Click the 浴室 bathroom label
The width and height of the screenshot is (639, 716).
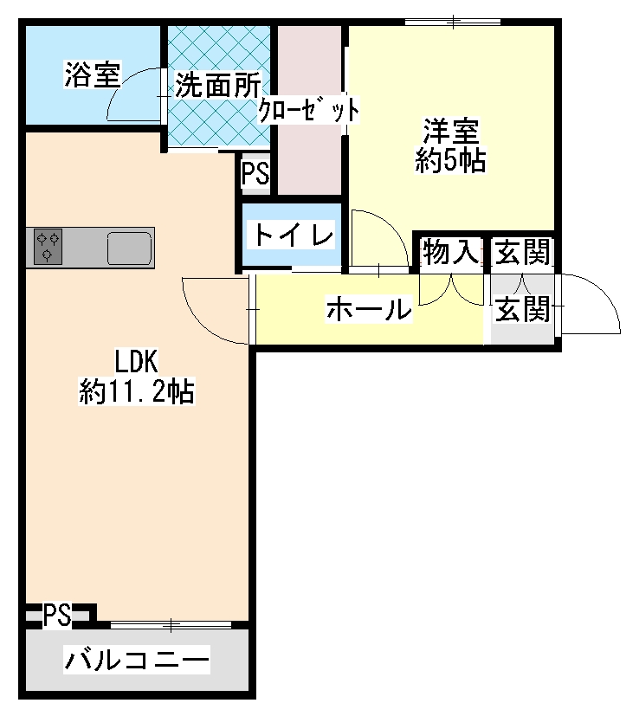point(92,75)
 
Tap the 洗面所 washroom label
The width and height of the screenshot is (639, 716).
point(217,85)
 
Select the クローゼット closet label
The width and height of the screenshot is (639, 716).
point(310,110)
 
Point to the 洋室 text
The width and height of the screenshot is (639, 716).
point(450,132)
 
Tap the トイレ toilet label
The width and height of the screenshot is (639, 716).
point(292,235)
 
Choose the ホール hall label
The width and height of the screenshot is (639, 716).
point(368,308)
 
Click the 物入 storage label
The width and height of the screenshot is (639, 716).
point(450,253)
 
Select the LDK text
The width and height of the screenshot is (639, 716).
point(136,361)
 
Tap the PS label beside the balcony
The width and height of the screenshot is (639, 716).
point(57,616)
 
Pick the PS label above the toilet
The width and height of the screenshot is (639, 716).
point(255,175)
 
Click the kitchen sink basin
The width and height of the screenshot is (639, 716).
point(129,248)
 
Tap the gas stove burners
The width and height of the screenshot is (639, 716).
point(48,246)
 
